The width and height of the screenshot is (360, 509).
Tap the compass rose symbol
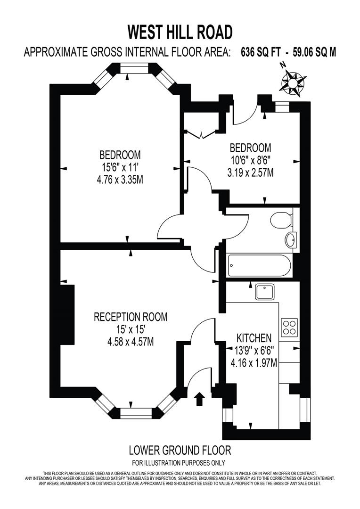point(292,81)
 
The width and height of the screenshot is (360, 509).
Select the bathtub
point(259,266)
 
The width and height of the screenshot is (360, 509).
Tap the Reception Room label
point(131,317)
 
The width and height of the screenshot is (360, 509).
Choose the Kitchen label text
point(254,338)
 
